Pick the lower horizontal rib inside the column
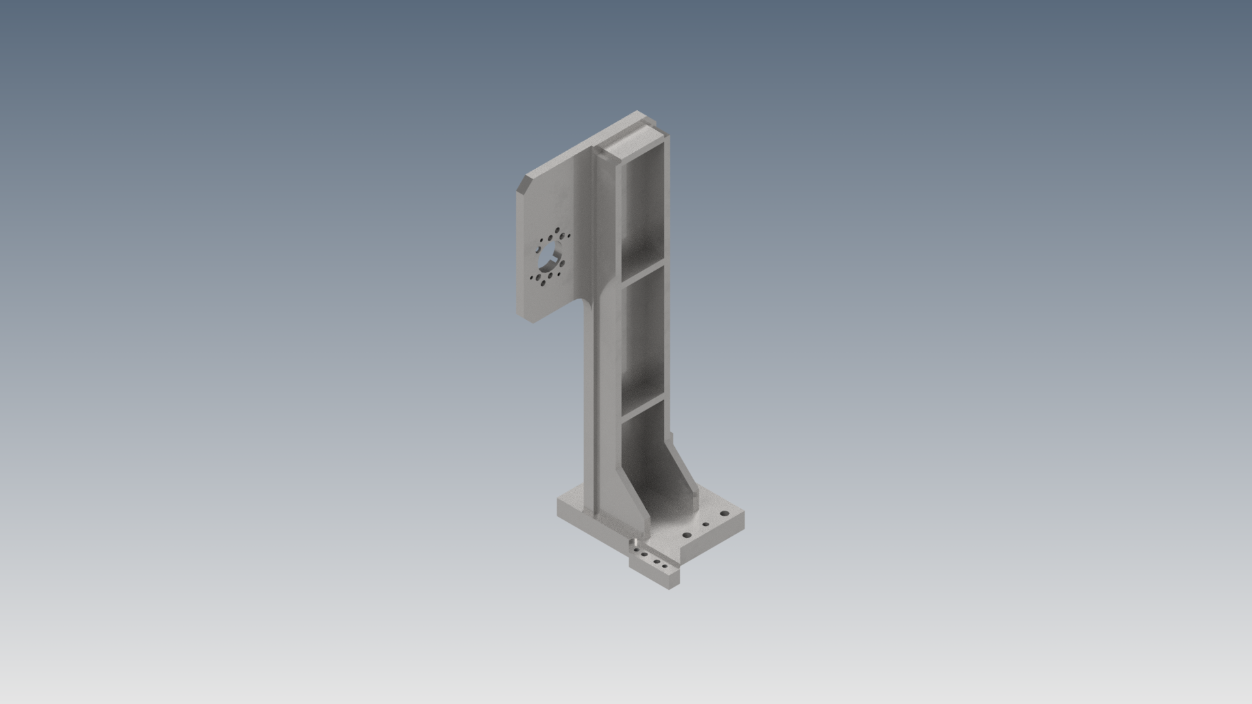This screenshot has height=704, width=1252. pos(642,407)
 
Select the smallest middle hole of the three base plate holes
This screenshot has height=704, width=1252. pos(706,524)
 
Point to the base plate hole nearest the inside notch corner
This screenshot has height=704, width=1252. pos(687,535)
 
